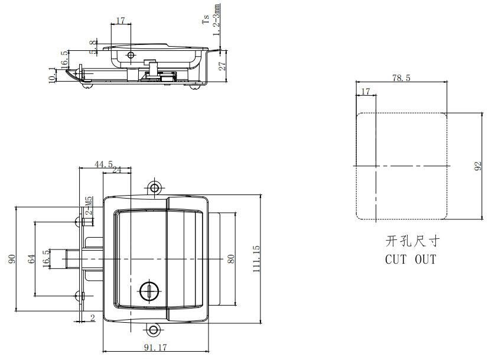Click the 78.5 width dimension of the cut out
(400, 77)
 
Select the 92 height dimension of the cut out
(478, 167)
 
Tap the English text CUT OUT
(411, 259)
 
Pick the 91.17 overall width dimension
(154, 348)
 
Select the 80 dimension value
(231, 258)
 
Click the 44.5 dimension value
(103, 164)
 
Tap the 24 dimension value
(116, 170)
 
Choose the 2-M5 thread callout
(88, 207)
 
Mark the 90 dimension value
(11, 259)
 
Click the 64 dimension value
(31, 258)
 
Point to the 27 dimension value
(223, 66)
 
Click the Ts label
(206, 20)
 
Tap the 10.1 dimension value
(52, 75)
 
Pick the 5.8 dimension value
(93, 47)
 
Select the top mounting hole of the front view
(155, 188)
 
